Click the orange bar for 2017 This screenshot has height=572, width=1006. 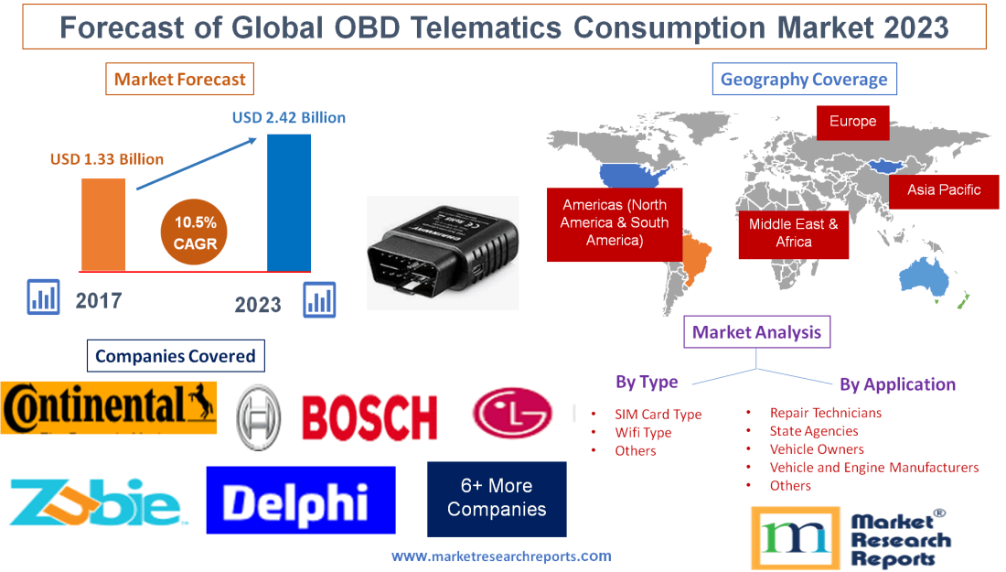(x=103, y=224)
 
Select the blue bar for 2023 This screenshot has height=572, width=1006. (x=288, y=202)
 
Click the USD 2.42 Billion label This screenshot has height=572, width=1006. (x=289, y=117)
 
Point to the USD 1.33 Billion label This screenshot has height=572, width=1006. (x=107, y=159)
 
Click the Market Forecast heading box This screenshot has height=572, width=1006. (x=180, y=80)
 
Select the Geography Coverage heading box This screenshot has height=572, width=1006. (x=804, y=79)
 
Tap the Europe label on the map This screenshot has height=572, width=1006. (x=852, y=122)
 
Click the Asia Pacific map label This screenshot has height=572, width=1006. (x=944, y=190)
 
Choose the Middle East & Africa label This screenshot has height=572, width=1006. (x=793, y=232)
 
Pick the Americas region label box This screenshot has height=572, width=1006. (x=614, y=223)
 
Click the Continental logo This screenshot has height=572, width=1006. (x=109, y=407)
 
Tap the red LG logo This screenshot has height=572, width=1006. (x=512, y=413)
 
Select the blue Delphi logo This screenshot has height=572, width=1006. (x=300, y=501)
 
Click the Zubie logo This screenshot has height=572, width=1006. (x=95, y=502)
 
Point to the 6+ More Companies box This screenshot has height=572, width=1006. (x=497, y=498)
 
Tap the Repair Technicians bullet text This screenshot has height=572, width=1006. (x=825, y=413)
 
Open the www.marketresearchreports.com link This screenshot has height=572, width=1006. (x=501, y=556)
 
